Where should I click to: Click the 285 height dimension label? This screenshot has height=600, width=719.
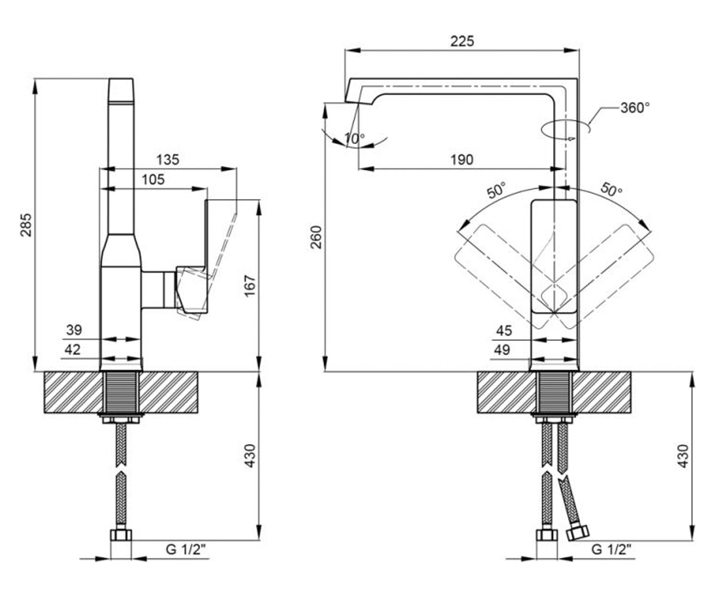(x=26, y=225)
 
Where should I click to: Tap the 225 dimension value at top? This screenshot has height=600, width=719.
(x=462, y=41)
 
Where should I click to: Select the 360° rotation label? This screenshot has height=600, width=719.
(x=635, y=108)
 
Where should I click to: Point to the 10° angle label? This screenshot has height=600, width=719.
(x=355, y=139)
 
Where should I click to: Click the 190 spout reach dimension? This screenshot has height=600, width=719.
(x=462, y=160)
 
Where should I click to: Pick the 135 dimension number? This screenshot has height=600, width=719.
(x=168, y=160)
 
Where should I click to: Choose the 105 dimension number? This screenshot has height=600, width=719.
(x=153, y=179)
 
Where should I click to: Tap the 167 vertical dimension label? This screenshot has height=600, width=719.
(x=250, y=286)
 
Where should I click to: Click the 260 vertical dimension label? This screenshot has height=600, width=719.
(x=316, y=237)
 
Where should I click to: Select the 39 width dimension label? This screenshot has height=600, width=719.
(x=74, y=330)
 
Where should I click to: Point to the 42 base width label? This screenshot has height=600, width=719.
(x=72, y=350)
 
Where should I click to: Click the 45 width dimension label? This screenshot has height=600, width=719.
(x=504, y=331)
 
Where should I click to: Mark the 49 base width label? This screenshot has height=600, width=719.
(x=502, y=350)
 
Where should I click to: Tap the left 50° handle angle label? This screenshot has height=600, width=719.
(x=497, y=190)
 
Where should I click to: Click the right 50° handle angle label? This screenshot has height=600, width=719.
(x=611, y=190)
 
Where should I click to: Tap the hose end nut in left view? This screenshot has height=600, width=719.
(x=121, y=535)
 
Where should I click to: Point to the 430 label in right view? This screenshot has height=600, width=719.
(x=683, y=456)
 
